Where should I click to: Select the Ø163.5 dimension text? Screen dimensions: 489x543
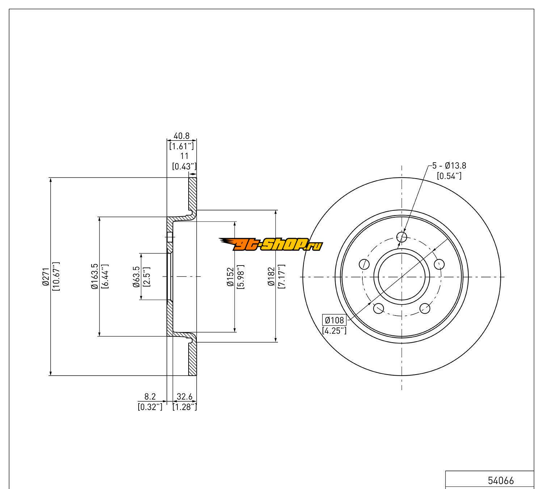95,276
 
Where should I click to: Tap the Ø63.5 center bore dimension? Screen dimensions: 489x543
136,276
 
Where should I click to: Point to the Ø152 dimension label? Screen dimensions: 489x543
230,276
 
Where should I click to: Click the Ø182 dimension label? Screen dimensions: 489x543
271,276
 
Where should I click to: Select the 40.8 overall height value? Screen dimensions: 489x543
181,136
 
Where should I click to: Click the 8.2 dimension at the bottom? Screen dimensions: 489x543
150,397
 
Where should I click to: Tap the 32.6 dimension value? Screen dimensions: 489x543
184,397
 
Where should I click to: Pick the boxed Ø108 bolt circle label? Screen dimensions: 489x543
334,320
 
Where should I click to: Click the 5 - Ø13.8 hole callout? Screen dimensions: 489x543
449,166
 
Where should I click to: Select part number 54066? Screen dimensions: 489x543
501,480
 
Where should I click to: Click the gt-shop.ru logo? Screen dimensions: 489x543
270,245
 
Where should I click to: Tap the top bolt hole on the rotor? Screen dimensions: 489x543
402,237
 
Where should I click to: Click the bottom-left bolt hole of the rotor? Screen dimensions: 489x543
379,309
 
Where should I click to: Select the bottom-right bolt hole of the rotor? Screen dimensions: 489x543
425,309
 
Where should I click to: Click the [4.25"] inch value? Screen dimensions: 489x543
334,330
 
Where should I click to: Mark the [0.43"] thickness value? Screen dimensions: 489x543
184,166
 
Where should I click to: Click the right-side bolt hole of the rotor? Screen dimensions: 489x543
439,264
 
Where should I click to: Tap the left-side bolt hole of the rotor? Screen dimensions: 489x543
364,264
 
